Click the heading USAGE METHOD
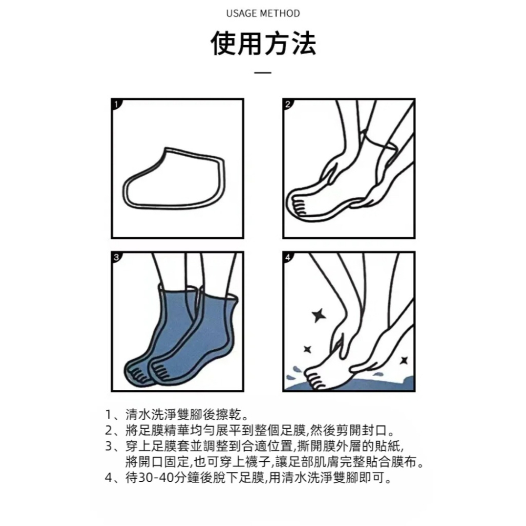tap(263, 13)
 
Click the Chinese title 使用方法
tap(263, 44)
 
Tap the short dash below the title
tap(263, 73)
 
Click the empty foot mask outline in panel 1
tap(174, 179)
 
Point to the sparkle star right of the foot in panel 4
tap(404, 360)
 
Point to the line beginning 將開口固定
tap(274, 463)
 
